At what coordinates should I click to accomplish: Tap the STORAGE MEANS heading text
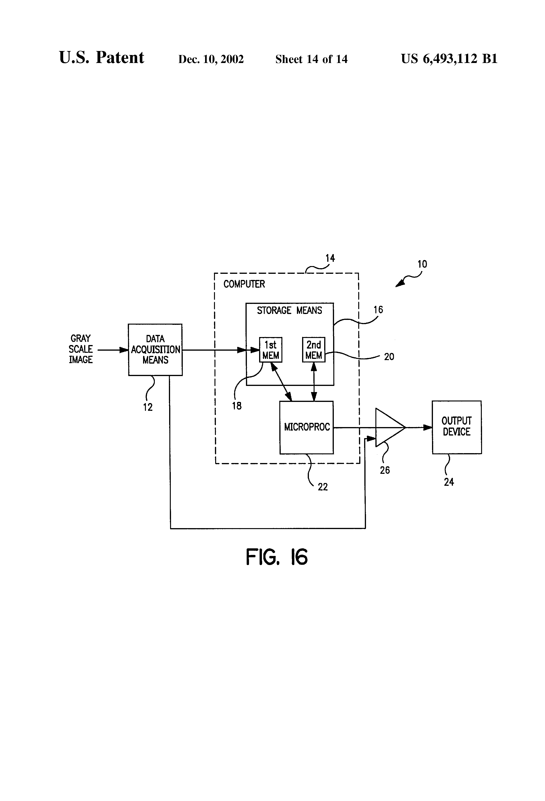(289, 310)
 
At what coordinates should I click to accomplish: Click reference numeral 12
(148, 407)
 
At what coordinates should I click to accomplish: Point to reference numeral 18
(237, 406)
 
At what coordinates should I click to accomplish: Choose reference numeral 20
(389, 357)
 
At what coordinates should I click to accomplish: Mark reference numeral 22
(323, 487)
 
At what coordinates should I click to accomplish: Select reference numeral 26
(385, 470)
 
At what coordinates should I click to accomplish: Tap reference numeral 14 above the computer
(330, 258)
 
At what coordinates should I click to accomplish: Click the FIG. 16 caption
(277, 557)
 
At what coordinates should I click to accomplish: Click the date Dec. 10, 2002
(211, 59)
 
